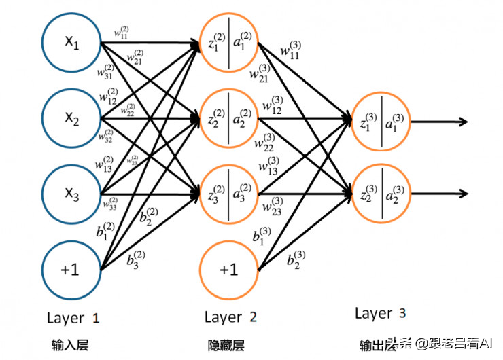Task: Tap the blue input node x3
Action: (x=71, y=194)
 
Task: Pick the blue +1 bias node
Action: (x=71, y=269)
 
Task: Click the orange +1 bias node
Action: (x=229, y=269)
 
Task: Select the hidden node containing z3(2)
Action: (x=229, y=194)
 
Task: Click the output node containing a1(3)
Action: (x=381, y=122)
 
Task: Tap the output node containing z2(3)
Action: (x=381, y=194)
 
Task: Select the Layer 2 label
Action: (x=230, y=317)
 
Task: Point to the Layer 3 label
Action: (x=381, y=313)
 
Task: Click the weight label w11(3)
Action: (x=290, y=52)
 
